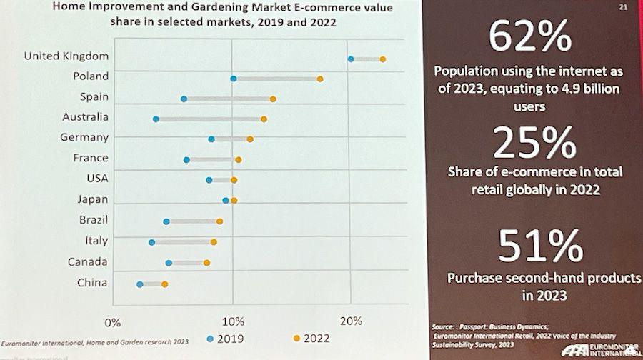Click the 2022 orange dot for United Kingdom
click(x=383, y=59)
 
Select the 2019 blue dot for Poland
click(x=234, y=79)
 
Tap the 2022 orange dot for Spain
click(x=273, y=99)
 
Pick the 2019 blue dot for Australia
click(x=156, y=119)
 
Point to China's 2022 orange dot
click(x=164, y=284)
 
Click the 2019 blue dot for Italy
click(x=151, y=242)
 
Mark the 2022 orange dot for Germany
click(x=250, y=139)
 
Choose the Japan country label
click(x=93, y=200)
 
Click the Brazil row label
click(x=94, y=220)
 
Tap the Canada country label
click(x=87, y=261)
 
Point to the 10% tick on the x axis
click(x=233, y=321)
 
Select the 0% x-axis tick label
click(x=113, y=323)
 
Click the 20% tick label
click(x=351, y=321)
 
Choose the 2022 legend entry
click(x=311, y=339)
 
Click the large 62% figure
click(x=530, y=36)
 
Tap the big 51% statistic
click(x=540, y=246)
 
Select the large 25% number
click(x=534, y=142)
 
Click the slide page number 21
click(x=623, y=7)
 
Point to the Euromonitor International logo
click(x=601, y=351)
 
